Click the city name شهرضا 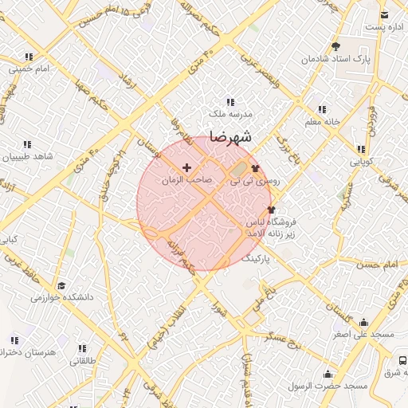point(230,137)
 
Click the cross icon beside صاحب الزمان point(187,167)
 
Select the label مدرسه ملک point(231,115)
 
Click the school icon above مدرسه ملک point(230,102)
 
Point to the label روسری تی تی point(256,182)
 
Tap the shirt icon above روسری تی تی point(255,168)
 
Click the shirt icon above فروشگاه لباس point(272,210)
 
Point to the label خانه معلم point(323,122)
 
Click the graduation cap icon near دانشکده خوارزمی point(62,284)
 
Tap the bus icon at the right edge point(401,359)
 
